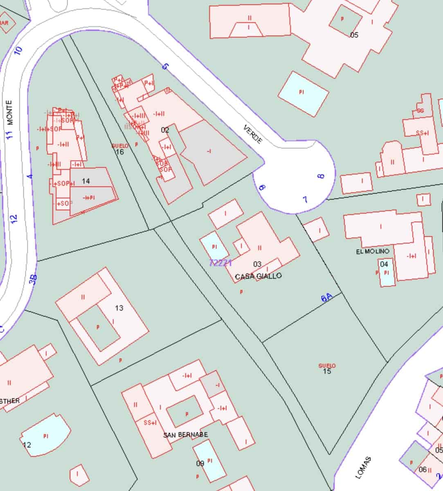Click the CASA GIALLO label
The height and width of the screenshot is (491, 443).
258,277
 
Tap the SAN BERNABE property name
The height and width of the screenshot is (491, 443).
185,435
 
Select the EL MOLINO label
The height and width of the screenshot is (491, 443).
372,251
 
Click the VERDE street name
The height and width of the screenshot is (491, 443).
253,134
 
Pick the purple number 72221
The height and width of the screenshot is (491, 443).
220,263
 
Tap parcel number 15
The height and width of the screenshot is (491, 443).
327,371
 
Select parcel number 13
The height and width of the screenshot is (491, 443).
119,308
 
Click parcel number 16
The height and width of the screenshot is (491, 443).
120,152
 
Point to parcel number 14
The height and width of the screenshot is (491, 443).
85,181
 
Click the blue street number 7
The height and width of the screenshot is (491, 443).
305,200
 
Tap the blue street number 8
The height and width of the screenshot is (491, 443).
321,176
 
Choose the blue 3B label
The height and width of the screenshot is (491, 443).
34,279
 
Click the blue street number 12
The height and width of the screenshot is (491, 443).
14,218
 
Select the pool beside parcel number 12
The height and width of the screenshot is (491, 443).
46,435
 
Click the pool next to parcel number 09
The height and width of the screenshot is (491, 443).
210,461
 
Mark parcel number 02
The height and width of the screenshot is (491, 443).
165,130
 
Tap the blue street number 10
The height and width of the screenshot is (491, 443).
18,51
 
